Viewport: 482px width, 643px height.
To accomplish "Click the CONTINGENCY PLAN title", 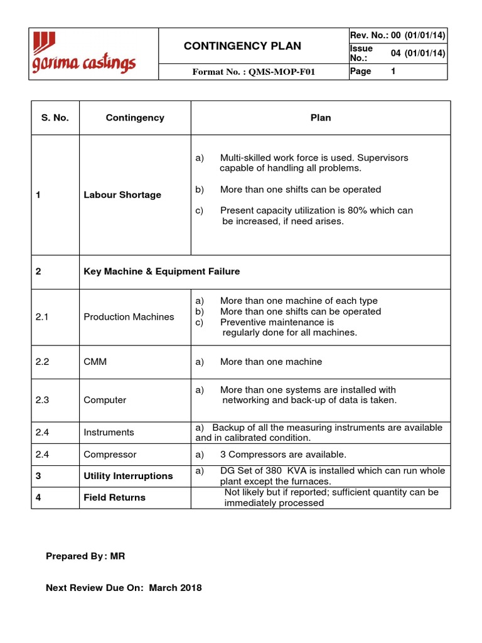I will (242, 46).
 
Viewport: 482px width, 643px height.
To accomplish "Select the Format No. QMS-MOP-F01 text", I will (253, 72).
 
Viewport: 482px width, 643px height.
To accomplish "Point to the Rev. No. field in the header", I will (398, 35).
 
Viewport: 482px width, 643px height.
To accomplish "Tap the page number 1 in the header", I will (394, 72).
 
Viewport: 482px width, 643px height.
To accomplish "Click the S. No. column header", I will (55, 117).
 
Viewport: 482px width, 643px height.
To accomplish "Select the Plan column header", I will (321, 117).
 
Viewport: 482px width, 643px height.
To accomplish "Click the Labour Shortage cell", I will (122, 195).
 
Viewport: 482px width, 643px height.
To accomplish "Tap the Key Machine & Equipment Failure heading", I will (162, 271).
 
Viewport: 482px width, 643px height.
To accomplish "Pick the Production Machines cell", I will (129, 316).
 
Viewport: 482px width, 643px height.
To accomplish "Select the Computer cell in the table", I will (105, 400).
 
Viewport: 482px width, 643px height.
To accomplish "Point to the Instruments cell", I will (109, 432).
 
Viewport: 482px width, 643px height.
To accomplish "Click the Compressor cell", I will (110, 454).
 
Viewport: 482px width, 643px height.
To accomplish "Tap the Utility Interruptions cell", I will (128, 476).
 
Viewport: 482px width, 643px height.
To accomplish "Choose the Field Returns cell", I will (114, 497).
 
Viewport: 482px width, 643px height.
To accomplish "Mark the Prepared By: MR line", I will (86, 556).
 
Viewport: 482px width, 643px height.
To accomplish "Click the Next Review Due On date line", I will (124, 588).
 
